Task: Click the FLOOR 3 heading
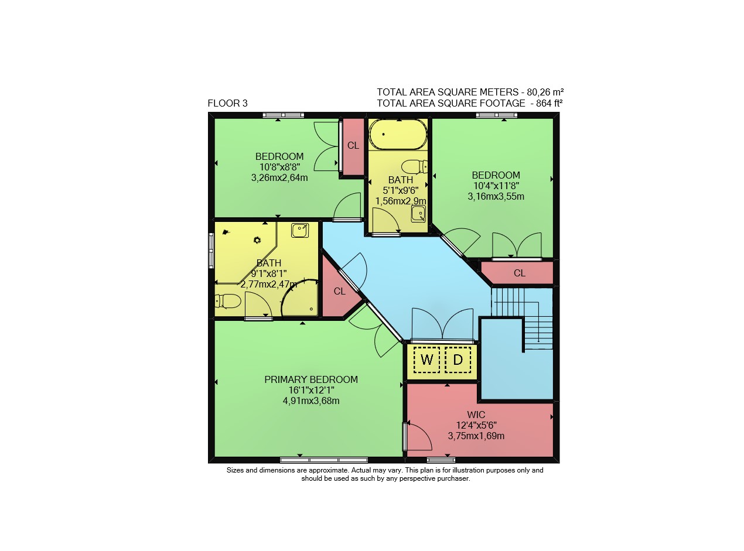pyautogui.click(x=227, y=103)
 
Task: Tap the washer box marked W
pyautogui.click(x=426, y=360)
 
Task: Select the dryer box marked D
pyautogui.click(x=458, y=360)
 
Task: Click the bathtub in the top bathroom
pyautogui.click(x=398, y=135)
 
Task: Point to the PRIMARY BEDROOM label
pyautogui.click(x=311, y=379)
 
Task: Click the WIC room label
pyautogui.click(x=476, y=415)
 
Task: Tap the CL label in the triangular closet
pyautogui.click(x=339, y=291)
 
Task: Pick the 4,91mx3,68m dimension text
pyautogui.click(x=311, y=401)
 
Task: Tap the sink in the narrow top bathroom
pyautogui.click(x=418, y=214)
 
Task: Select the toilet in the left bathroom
pyautogui.click(x=228, y=301)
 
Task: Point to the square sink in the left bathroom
pyautogui.click(x=300, y=230)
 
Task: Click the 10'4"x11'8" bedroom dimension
pyautogui.click(x=496, y=186)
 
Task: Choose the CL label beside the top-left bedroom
pyautogui.click(x=353, y=146)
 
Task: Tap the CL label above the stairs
pyautogui.click(x=519, y=273)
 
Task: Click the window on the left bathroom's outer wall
pyautogui.click(x=211, y=251)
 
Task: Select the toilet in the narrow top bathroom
pyautogui.click(x=414, y=167)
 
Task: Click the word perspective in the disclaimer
pyautogui.click(x=417, y=478)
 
